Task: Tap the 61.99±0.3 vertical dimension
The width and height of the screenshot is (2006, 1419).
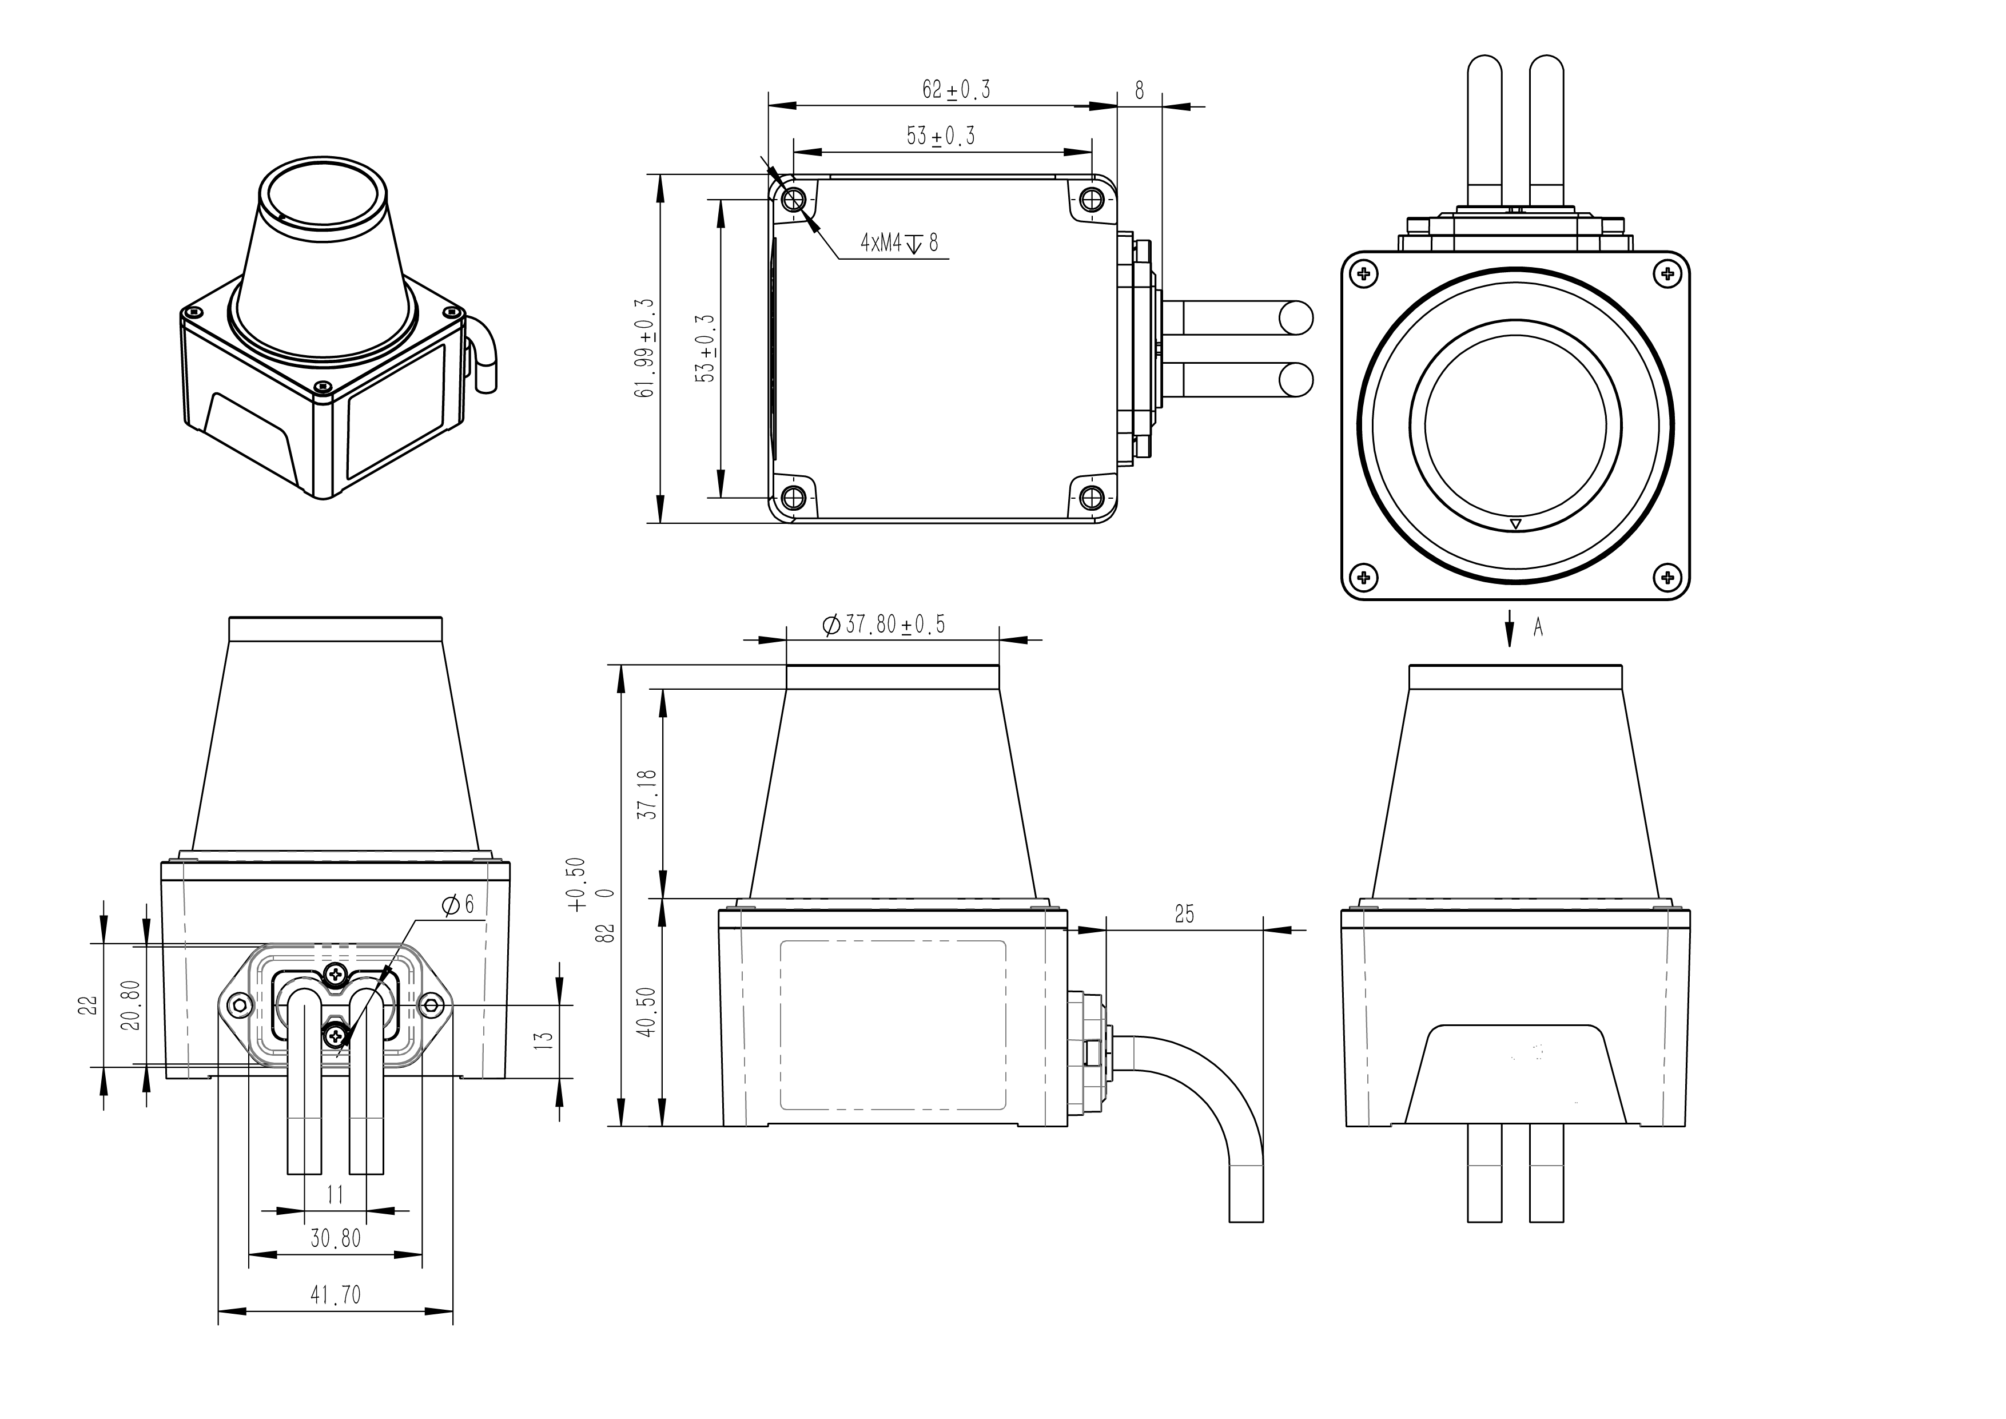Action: [647, 348]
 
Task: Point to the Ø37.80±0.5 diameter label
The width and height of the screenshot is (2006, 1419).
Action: [883, 625]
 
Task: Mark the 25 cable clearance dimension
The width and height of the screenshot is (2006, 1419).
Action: [1184, 914]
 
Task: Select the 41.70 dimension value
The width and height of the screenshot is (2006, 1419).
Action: [336, 1294]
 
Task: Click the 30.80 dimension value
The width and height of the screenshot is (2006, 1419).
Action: [336, 1238]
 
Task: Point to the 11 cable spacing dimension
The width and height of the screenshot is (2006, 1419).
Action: [336, 1194]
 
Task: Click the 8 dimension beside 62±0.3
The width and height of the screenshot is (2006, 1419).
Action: [1139, 89]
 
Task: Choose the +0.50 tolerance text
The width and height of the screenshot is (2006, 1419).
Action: [576, 884]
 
